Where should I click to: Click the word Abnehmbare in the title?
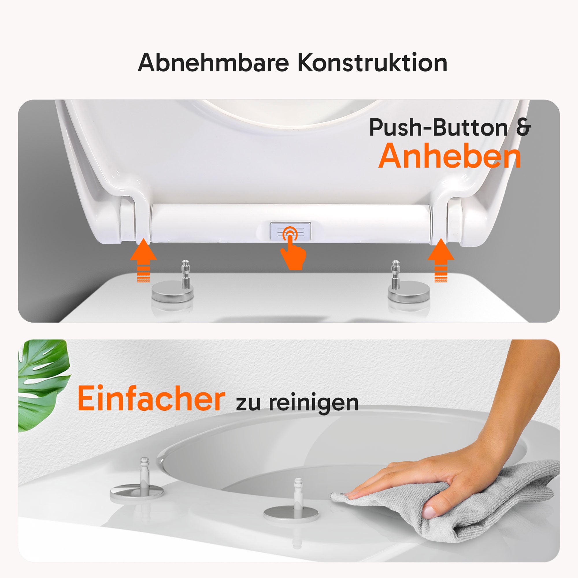(213, 62)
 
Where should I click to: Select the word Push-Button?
(438, 128)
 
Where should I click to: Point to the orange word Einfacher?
(151, 398)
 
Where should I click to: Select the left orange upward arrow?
(143, 260)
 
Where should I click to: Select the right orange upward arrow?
(441, 260)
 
